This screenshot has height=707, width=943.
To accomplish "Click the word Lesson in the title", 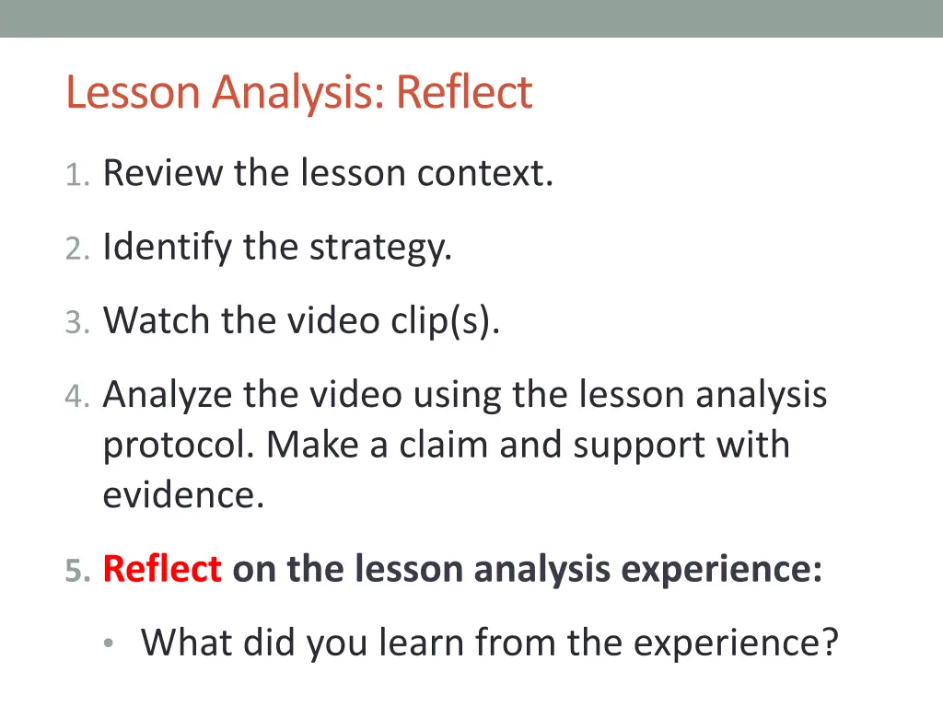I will point(134,92).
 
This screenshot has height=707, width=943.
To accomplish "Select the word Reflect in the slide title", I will point(464,92).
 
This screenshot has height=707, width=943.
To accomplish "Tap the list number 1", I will point(76,174).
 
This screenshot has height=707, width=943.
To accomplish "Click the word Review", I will point(163,172).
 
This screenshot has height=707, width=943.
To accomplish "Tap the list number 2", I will point(76,248).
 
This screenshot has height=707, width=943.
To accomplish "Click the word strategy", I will point(380,248).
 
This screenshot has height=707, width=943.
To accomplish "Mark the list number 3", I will point(76,322).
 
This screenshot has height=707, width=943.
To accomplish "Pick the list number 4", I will point(76,397).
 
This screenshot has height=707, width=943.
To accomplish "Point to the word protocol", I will point(179,446).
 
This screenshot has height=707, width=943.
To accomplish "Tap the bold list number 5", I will point(77,572).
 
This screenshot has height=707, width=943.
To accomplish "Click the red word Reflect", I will point(162,570).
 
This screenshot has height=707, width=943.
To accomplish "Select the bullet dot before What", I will point(110,643).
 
